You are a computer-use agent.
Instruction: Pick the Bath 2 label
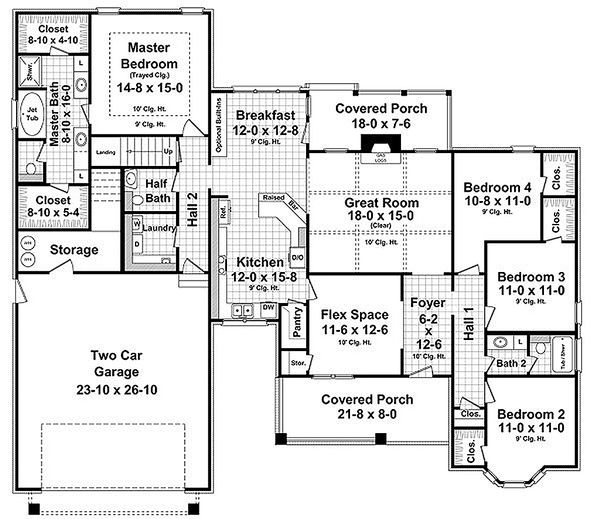(511, 363)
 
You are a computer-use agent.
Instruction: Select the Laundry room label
(158, 228)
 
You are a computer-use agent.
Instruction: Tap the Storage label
(74, 250)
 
